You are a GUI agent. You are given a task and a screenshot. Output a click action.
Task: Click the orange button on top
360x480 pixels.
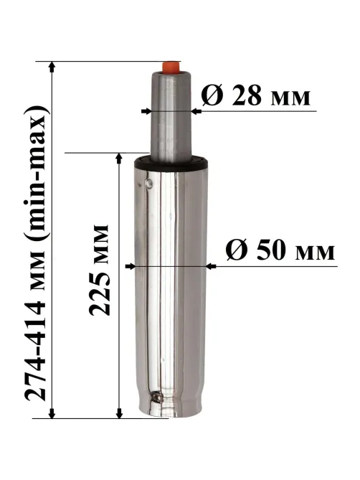point(171,67)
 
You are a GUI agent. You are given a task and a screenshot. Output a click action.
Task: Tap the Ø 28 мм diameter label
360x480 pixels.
point(256,95)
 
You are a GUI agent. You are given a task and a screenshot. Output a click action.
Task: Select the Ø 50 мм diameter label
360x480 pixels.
point(280,250)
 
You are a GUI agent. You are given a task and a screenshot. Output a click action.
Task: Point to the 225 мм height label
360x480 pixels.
point(99,270)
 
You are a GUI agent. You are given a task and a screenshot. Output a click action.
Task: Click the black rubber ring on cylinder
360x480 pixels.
point(171,163)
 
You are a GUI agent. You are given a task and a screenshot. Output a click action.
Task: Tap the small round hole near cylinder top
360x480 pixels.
point(149,184)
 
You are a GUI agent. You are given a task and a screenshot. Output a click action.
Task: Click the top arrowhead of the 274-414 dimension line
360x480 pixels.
point(52,66)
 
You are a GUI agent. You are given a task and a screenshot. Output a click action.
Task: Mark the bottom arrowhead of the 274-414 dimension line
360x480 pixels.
point(52,413)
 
